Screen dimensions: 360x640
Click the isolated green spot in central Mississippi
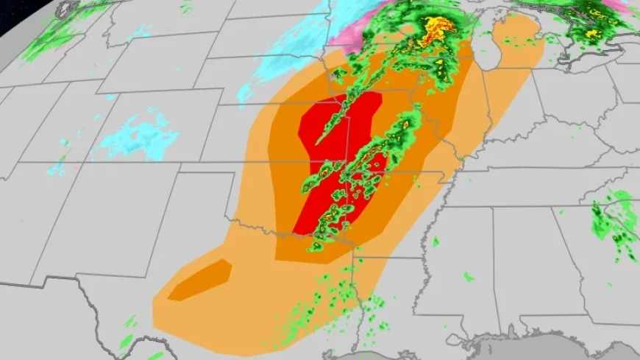pyautogui.click(x=435, y=241)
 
